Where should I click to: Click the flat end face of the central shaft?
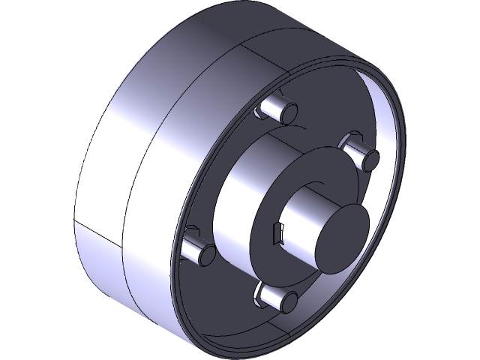[x=338, y=238]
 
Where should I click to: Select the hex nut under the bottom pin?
[x=264, y=292]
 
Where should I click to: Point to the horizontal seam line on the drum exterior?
[x=94, y=226]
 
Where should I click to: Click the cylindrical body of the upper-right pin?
[x=358, y=150]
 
